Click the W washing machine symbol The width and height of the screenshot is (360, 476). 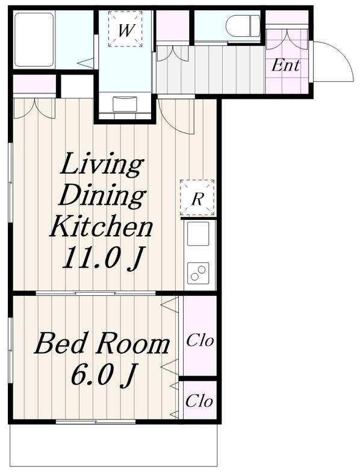point(125,29)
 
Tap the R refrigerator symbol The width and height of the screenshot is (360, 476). point(197,198)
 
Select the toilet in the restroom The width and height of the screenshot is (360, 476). point(243,26)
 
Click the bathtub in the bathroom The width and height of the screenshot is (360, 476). point(34,39)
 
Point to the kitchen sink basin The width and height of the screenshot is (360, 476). point(198,233)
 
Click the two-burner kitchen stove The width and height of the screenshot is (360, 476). point(198,273)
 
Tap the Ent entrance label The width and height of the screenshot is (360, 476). point(285,65)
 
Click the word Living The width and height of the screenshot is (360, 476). point(102,164)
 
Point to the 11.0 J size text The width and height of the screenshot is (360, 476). point(102,258)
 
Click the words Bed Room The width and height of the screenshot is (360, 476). point(102,344)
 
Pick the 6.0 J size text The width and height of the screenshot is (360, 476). point(102,375)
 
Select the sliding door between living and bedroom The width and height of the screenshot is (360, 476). point(96,293)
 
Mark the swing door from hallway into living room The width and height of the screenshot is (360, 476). point(176,115)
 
